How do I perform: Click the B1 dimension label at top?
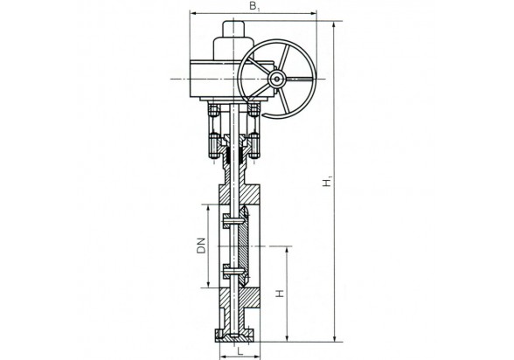coord(254,6)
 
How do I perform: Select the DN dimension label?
coord(201,246)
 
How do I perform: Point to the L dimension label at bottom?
coord(240,352)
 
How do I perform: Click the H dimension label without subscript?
coord(280,294)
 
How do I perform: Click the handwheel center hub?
coord(277,79)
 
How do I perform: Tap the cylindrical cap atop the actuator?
coord(233,30)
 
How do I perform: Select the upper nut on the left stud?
coord(214,110)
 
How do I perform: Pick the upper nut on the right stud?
coord(254,110)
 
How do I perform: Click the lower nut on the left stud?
coord(214,146)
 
